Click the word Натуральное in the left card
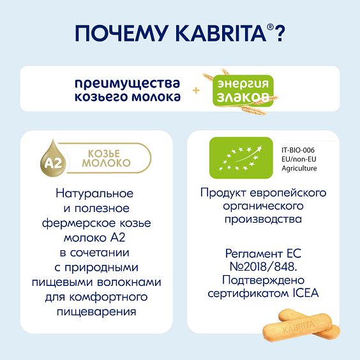[94, 193]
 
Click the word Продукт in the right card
[221, 193]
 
